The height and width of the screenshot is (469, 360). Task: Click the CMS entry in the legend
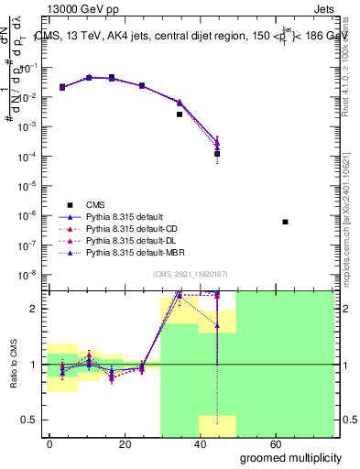[94, 204]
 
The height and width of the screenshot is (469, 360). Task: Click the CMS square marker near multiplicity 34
[180, 115]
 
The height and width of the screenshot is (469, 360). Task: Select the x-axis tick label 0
[50, 443]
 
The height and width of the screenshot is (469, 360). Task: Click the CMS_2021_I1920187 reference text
[188, 274]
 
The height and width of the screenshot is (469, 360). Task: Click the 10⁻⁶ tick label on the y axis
[28, 215]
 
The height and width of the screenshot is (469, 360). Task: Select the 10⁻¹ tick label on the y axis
[28, 68]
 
